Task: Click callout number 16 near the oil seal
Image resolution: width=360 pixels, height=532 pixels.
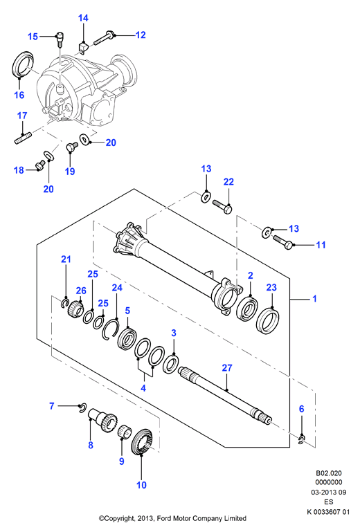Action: [x=19, y=95]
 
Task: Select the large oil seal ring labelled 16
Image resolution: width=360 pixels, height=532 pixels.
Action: [x=22, y=64]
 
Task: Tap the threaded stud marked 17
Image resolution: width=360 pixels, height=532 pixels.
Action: [x=22, y=139]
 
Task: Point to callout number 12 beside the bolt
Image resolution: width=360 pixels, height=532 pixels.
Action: [x=141, y=35]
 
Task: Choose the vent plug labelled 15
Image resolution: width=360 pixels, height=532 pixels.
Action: [x=60, y=39]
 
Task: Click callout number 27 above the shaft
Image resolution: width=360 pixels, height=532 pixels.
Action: [x=227, y=367]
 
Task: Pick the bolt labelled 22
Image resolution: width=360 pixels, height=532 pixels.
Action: [x=222, y=206]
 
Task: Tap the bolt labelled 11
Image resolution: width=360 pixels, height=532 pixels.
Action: [x=282, y=242]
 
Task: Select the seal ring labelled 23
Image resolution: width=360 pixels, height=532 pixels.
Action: [x=268, y=320]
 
